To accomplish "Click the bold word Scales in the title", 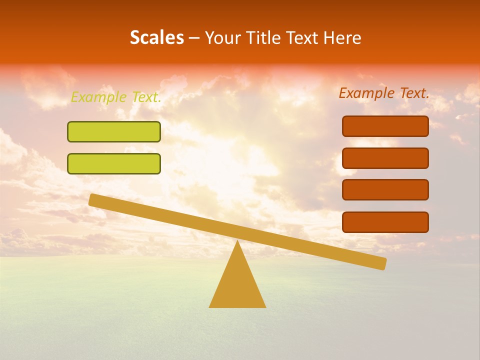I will click(156, 38).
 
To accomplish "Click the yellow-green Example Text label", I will click(116, 97).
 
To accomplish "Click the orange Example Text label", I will click(384, 93).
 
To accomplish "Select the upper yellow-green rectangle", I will click(114, 132).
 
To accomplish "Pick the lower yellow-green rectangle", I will click(114, 163).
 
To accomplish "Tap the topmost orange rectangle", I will click(385, 126).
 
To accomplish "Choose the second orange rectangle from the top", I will click(385, 158).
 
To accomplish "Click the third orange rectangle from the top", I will click(385, 190).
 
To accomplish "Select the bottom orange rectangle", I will click(385, 222).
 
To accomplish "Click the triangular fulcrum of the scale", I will click(237, 285).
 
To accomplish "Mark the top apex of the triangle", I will click(237, 242).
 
